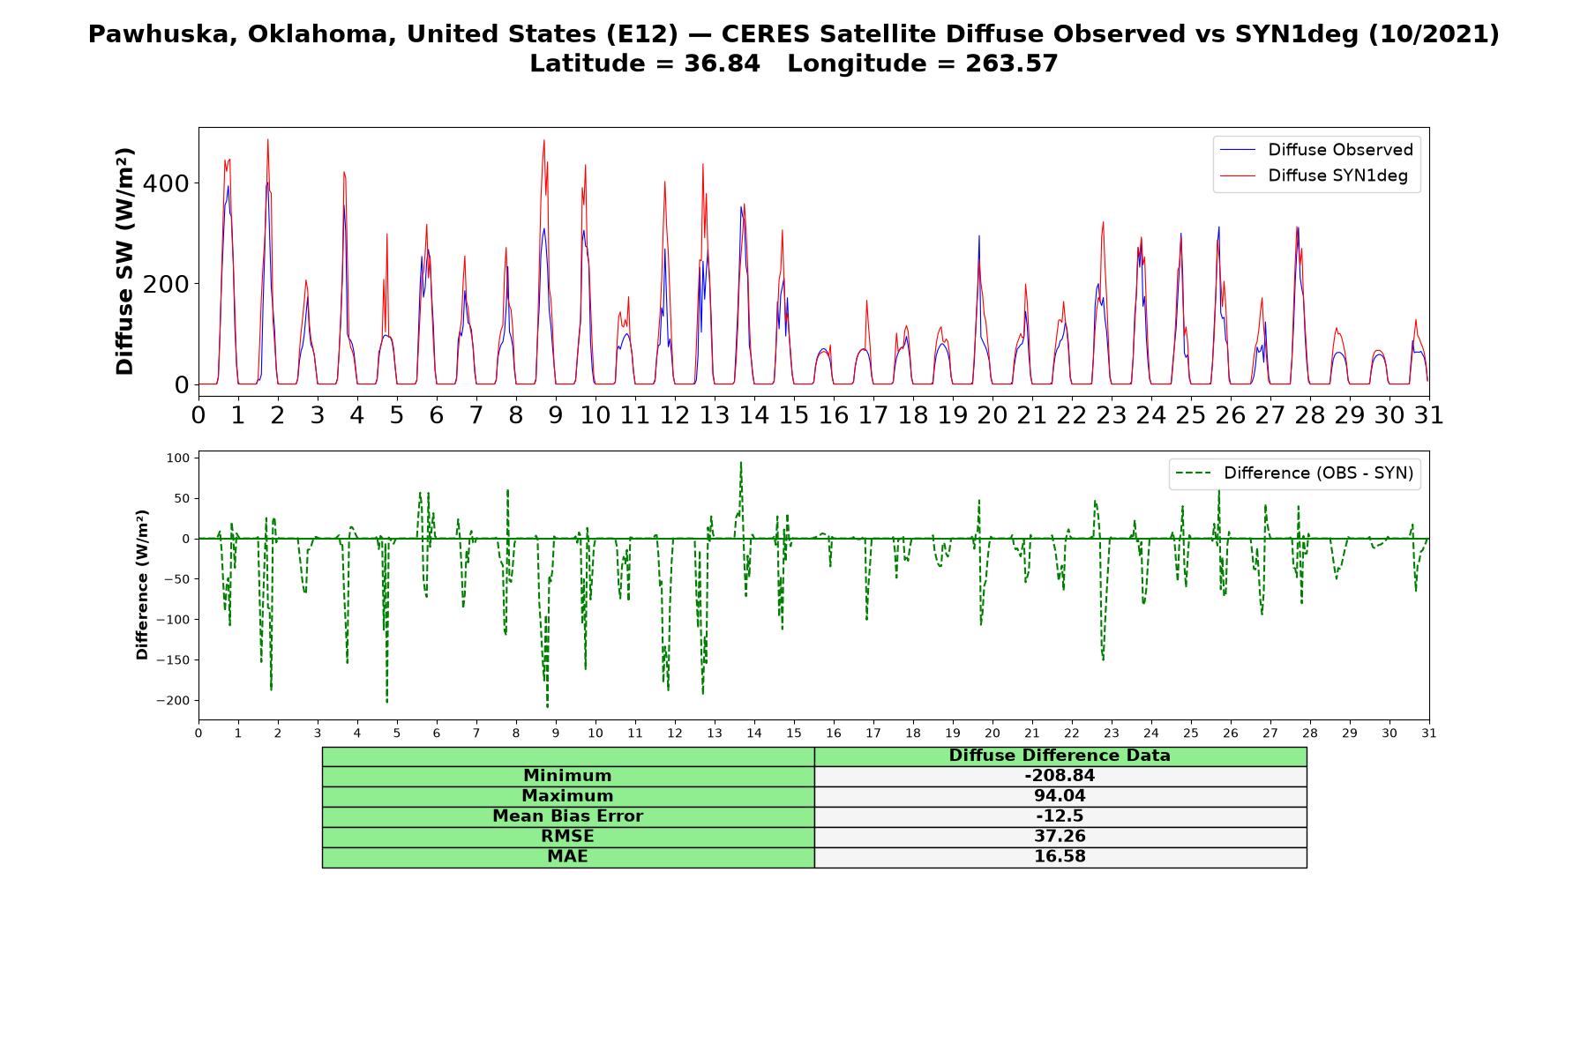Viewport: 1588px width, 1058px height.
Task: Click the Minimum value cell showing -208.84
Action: pos(1060,776)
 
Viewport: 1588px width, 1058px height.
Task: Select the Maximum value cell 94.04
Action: pos(1060,796)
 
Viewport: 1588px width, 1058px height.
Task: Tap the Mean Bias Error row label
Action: pos(567,816)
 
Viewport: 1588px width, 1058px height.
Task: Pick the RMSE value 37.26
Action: pos(1060,837)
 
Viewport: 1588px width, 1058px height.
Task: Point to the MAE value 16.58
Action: pos(1060,857)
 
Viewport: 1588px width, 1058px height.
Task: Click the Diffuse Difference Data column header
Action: pos(1060,756)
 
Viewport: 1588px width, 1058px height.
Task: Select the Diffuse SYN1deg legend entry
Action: pos(1314,175)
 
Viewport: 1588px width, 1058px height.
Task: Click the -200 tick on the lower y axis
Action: pos(173,701)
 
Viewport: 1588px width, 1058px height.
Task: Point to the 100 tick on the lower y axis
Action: pos(178,458)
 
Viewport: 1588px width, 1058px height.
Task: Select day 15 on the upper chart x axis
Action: pos(794,414)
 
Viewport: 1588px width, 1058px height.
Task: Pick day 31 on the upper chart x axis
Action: pos(1428,414)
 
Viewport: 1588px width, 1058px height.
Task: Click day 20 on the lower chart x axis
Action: pos(992,733)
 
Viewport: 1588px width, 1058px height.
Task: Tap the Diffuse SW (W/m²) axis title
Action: pos(125,262)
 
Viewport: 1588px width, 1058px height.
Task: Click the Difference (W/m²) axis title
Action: pos(142,585)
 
